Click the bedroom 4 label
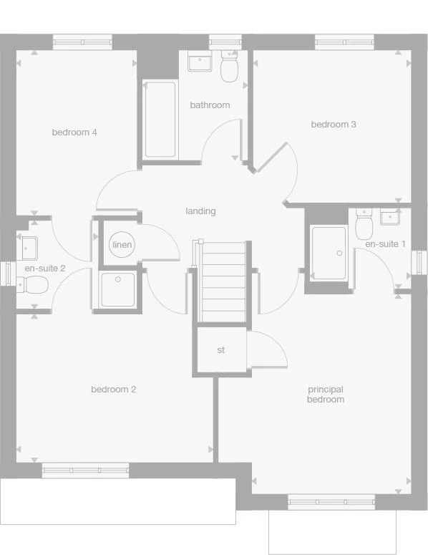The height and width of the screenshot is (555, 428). coord(74,132)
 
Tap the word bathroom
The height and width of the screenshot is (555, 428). coord(210,105)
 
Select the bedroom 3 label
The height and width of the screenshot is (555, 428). coord(334,125)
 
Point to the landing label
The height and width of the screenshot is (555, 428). coord(200,211)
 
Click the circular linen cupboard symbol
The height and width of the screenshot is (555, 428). coord(122,245)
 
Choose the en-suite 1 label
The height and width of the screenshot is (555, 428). coord(385,244)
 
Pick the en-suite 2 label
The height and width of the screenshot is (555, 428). coord(45,269)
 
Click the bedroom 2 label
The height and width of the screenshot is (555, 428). coord(113,390)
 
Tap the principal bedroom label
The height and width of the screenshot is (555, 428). coord(326,395)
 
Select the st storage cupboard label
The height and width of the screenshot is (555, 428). coord(221,350)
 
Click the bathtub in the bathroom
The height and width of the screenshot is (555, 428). coord(160,120)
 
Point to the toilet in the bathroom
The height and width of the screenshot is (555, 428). coord(229,68)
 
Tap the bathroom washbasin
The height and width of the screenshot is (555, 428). coord(198,62)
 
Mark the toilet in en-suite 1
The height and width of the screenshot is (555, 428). coord(364,226)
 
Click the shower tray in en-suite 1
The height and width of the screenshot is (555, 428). coord(329,253)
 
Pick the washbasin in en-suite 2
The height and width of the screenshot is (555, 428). coord(29,247)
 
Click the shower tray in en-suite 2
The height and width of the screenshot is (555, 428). coord(117,289)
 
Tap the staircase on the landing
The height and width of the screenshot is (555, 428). coord(222,281)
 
